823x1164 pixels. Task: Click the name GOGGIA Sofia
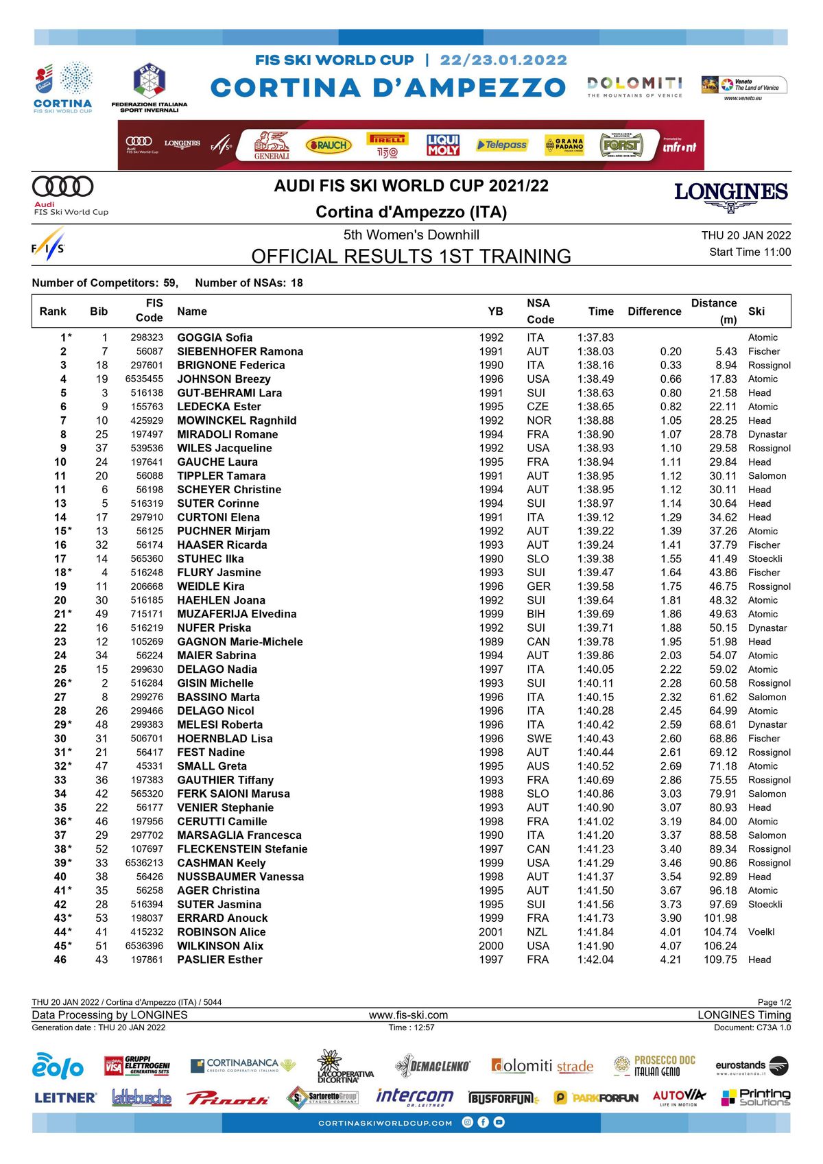[215, 337]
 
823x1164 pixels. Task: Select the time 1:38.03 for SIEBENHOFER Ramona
[595, 351]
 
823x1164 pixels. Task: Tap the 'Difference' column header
[654, 311]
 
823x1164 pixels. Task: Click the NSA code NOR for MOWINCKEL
[538, 420]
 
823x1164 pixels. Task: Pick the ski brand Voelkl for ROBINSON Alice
[761, 932]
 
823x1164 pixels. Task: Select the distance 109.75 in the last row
[720, 960]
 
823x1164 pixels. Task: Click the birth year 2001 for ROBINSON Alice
[491, 932]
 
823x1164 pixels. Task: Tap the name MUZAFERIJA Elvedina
[237, 614]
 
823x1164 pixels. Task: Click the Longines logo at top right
[731, 195]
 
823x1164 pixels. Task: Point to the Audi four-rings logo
[63, 186]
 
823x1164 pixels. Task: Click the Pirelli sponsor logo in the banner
[387, 145]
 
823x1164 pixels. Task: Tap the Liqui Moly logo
[443, 145]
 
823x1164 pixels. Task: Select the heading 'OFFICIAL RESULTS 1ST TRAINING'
[411, 257]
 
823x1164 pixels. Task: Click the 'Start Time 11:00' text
[750, 252]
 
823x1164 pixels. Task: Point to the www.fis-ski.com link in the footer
[408, 1015]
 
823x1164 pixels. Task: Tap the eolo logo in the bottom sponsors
[58, 1066]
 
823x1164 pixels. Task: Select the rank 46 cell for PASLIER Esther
[60, 960]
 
